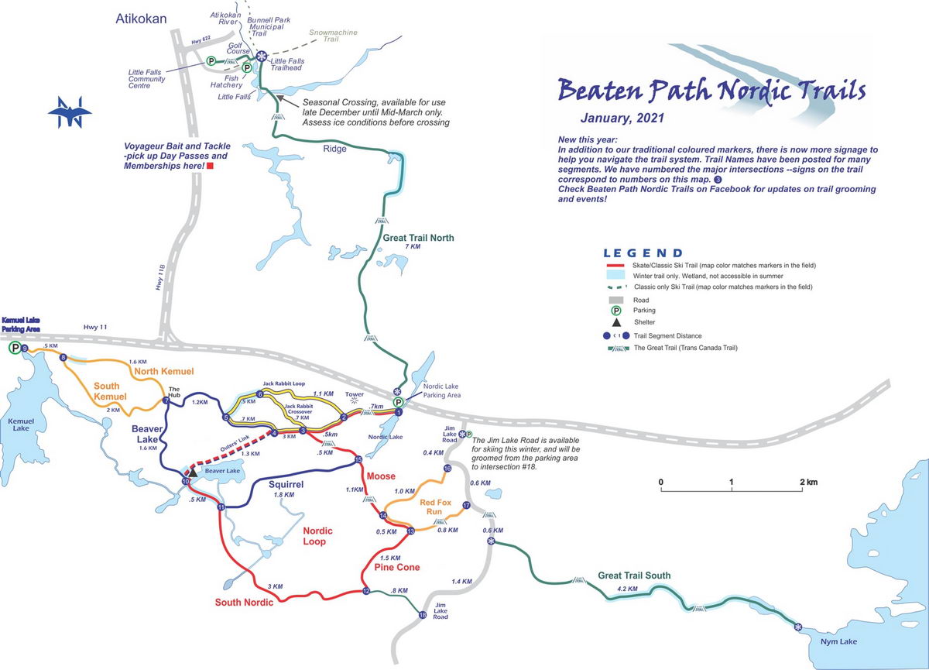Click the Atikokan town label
140,17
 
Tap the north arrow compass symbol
70,113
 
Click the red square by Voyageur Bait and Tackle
209,166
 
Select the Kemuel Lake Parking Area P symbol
15,349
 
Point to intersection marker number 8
63,357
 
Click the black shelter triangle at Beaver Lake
193,472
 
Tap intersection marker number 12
366,592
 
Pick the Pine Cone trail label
396,568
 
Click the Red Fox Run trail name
436,507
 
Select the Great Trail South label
634,576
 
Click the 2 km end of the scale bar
807,483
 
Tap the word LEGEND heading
643,253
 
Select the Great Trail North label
418,238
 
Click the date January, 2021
622,119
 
